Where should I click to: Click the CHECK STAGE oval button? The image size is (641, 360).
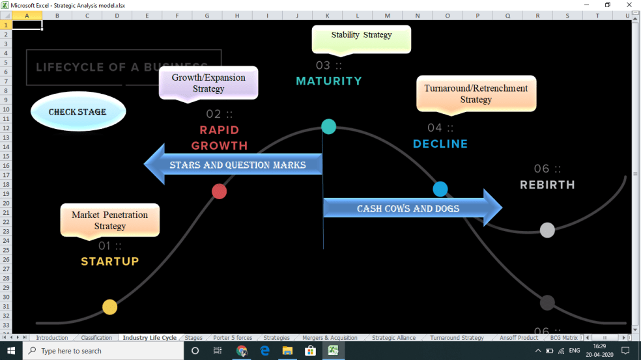[x=78, y=111]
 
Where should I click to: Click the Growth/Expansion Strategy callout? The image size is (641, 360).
[x=208, y=83]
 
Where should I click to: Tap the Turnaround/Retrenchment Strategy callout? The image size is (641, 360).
[x=476, y=94]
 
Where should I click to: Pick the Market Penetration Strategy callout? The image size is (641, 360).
[x=110, y=220]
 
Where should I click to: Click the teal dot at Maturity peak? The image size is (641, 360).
[x=329, y=126]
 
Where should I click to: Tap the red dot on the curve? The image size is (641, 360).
[x=220, y=191]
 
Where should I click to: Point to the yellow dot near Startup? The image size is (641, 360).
[x=110, y=307]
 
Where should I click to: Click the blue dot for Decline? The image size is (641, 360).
[x=440, y=189]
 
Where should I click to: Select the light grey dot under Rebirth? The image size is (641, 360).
[x=548, y=230]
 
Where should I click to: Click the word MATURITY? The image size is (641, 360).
[x=329, y=81]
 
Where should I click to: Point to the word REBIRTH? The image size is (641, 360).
[x=547, y=185]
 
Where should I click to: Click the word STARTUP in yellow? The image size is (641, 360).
[x=109, y=262]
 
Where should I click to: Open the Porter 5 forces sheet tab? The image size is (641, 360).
[x=233, y=338]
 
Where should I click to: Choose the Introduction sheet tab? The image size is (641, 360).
[x=52, y=338]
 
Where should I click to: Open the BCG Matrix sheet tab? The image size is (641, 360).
[x=563, y=338]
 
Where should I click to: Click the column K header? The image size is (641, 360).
[x=327, y=15]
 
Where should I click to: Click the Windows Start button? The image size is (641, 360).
[x=11, y=351]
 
